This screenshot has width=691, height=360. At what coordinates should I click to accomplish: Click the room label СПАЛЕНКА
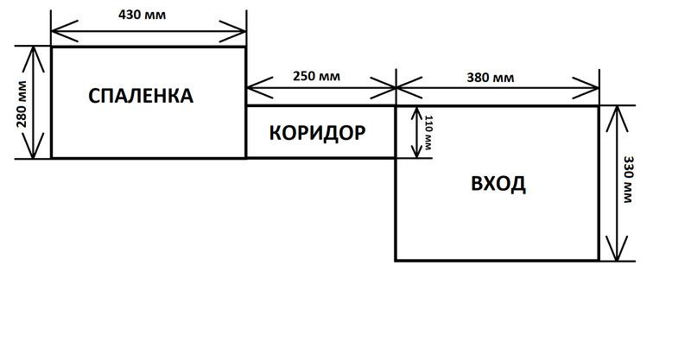pos(141,96)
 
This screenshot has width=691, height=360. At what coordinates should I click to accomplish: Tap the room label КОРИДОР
pos(317,133)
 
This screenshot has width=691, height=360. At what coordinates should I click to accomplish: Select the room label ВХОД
pos(498,184)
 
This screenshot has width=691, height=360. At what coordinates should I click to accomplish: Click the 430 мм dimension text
pos(148,15)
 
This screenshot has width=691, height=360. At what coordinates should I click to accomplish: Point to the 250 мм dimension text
pos(316,76)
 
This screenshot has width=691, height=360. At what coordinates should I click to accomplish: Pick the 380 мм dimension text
pos(491,77)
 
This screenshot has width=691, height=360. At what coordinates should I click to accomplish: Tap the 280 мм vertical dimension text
pos(22,103)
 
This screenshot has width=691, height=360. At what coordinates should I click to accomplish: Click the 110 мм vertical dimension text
pos(425,132)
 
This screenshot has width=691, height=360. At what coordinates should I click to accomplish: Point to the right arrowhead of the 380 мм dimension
pos(593,87)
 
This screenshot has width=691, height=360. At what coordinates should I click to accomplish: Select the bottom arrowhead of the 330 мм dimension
pos(613,255)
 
